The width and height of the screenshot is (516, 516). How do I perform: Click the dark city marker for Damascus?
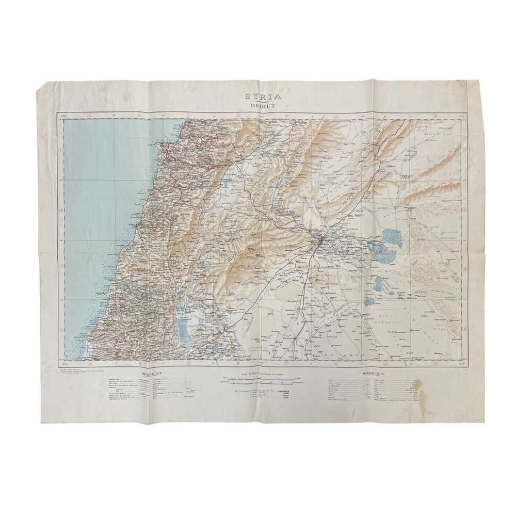pyautogui.click(x=320, y=239)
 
